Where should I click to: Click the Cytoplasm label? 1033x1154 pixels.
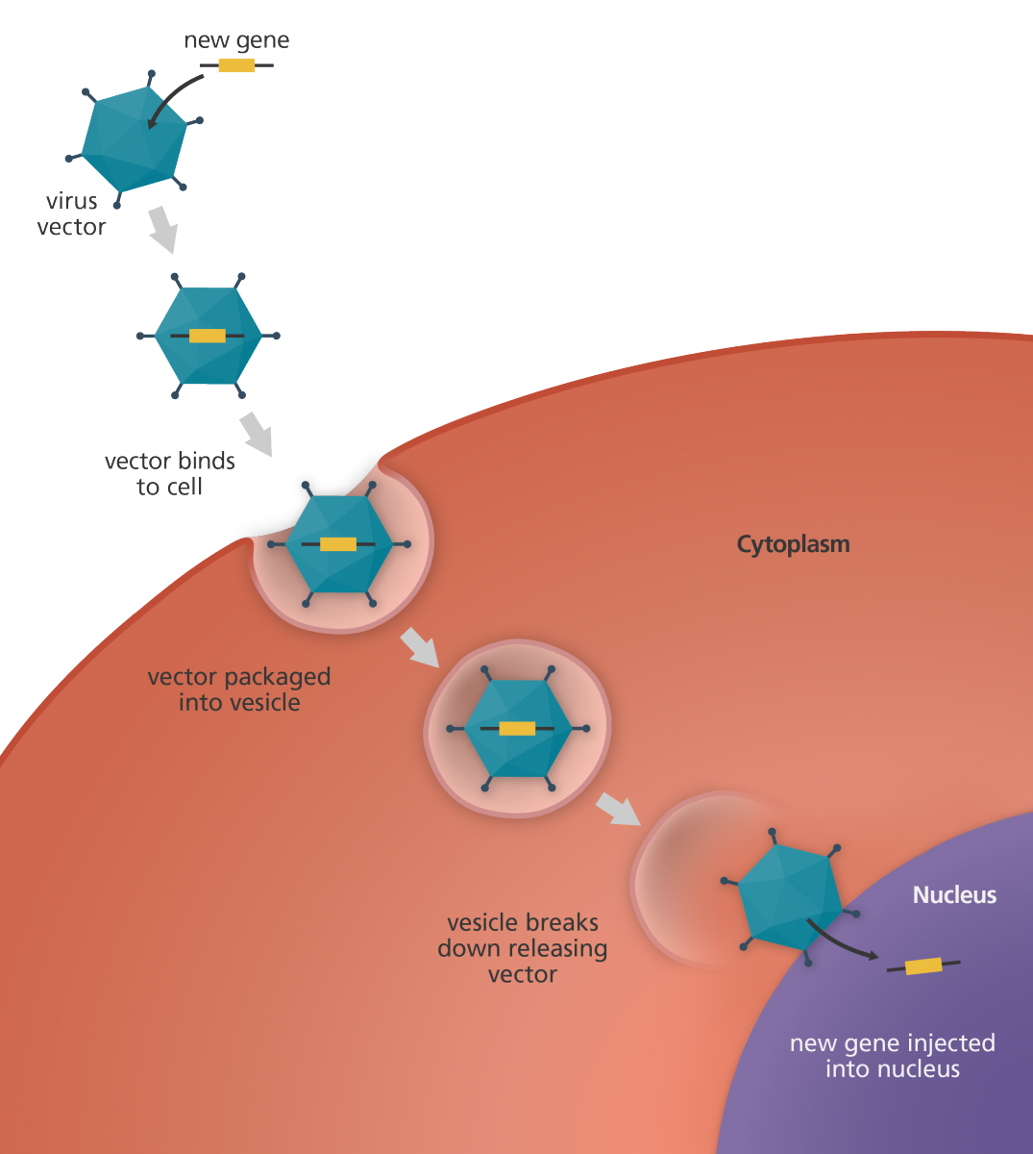pos(793,544)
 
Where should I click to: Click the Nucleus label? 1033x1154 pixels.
pos(953,895)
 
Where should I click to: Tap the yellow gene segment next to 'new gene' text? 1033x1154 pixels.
pos(236,65)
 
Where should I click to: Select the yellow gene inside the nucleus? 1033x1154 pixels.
pos(923,966)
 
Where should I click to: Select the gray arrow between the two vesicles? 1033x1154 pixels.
pos(419,644)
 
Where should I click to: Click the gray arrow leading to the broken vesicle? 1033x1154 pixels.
pos(617,809)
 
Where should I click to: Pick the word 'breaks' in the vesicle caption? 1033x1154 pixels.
pos(567,923)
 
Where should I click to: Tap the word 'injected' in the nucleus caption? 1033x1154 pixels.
pos(949,1043)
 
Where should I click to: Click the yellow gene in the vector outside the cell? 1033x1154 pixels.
pos(208,336)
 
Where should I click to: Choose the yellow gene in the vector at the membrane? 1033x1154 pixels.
pos(337,544)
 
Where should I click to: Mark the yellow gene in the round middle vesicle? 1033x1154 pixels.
pos(517,729)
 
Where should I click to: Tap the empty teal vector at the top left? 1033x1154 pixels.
pos(130,139)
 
